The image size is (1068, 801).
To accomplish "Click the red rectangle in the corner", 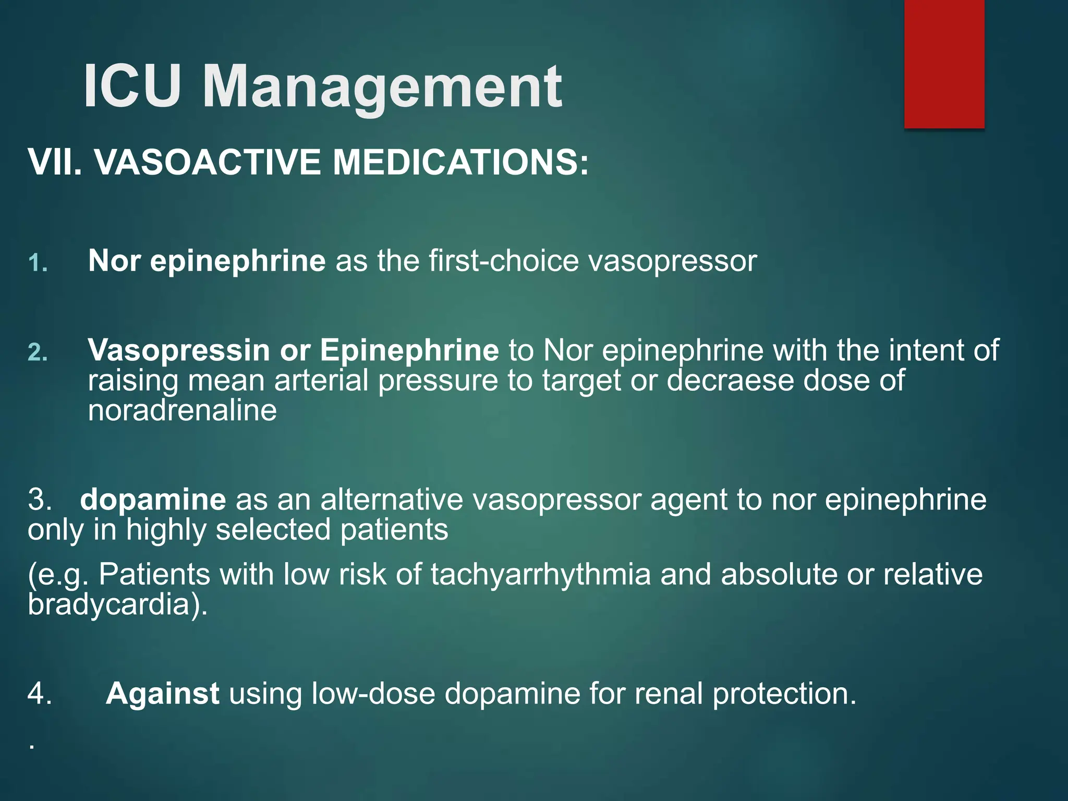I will click(x=944, y=64).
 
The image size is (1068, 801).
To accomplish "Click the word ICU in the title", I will click(x=132, y=86).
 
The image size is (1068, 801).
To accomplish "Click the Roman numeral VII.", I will click(x=55, y=162).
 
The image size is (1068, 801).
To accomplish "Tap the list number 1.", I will click(x=38, y=263).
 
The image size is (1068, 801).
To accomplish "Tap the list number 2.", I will click(x=38, y=353).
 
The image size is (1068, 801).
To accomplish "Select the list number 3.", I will click(x=40, y=500).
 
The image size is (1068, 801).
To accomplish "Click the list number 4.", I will click(x=40, y=694).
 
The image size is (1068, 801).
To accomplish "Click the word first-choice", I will click(x=504, y=260).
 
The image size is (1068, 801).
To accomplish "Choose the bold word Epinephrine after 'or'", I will click(x=409, y=350).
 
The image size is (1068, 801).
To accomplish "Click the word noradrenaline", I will click(x=182, y=410).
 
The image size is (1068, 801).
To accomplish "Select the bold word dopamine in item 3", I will click(x=153, y=500).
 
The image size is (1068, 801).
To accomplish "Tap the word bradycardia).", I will click(x=118, y=604).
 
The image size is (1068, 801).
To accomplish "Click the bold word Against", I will click(x=162, y=694).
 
